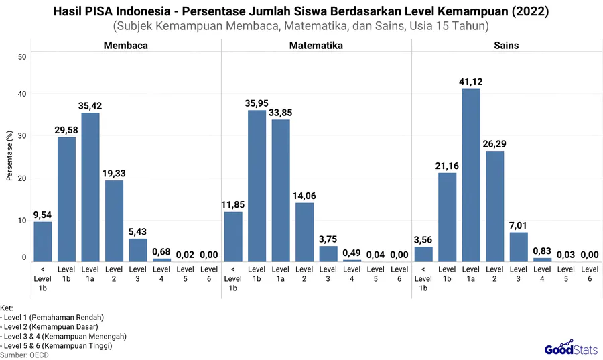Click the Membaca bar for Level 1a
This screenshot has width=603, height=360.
click(90, 187)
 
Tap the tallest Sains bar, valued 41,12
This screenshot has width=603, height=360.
click(471, 175)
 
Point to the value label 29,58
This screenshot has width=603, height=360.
click(66, 129)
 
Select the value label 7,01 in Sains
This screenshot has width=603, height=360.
click(519, 225)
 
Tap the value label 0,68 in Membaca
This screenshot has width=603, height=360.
click(161, 251)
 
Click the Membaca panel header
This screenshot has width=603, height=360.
click(125, 46)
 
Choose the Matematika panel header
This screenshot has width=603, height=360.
click(316, 46)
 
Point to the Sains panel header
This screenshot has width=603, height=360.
click(507, 46)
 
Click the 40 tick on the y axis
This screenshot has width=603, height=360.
click(22, 94)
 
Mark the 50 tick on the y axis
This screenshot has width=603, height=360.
click(22, 56)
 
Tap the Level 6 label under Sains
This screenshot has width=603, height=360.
click(590, 274)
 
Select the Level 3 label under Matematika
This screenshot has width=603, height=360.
click(328, 274)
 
